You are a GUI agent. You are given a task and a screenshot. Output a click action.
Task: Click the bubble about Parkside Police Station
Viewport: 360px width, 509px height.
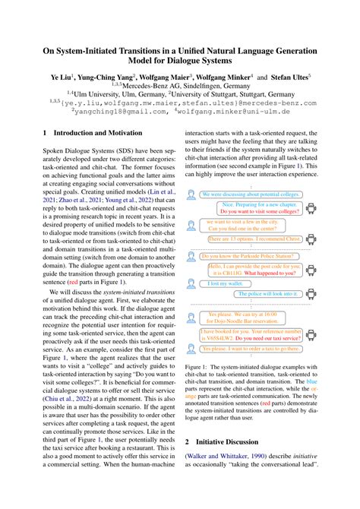(x=249, y=254)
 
